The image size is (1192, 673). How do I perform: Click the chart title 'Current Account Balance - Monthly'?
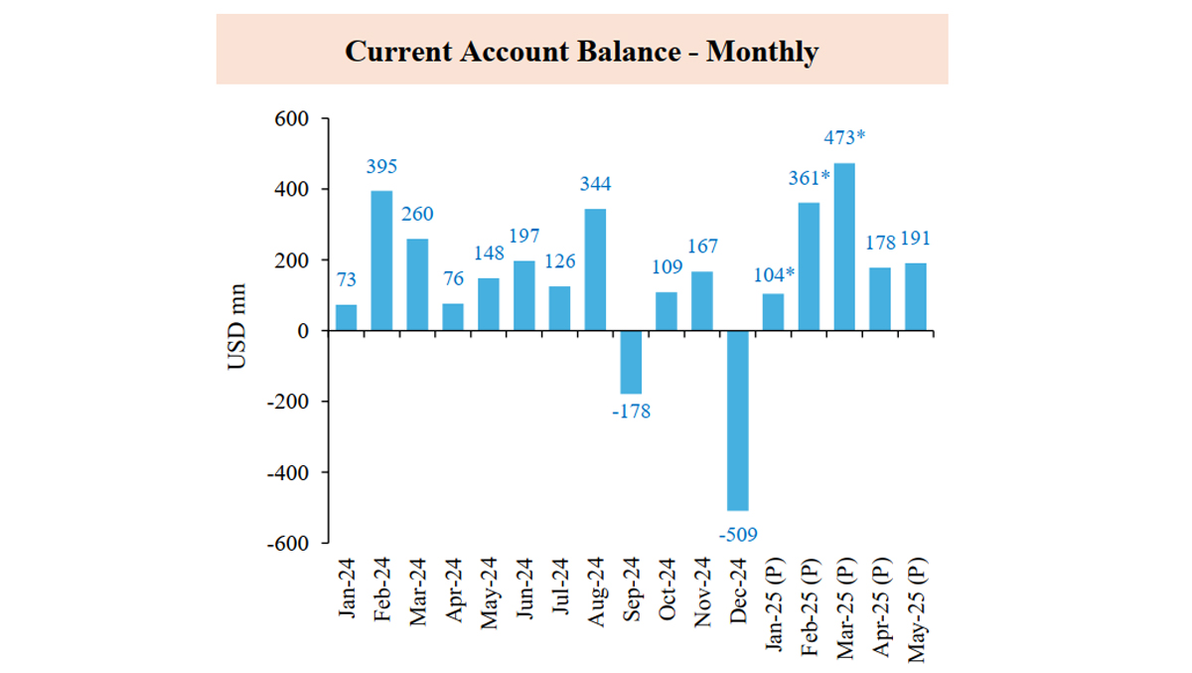(x=581, y=51)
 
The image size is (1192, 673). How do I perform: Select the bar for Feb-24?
(x=381, y=260)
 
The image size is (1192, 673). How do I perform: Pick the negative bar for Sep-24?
(x=630, y=362)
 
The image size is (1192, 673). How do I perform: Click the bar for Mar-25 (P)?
(x=843, y=247)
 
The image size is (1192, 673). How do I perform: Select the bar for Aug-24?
(x=595, y=269)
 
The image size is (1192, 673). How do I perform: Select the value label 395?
(x=381, y=167)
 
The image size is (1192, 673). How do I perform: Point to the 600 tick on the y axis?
(x=292, y=118)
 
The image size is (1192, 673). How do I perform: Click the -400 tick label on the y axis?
(x=286, y=473)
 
